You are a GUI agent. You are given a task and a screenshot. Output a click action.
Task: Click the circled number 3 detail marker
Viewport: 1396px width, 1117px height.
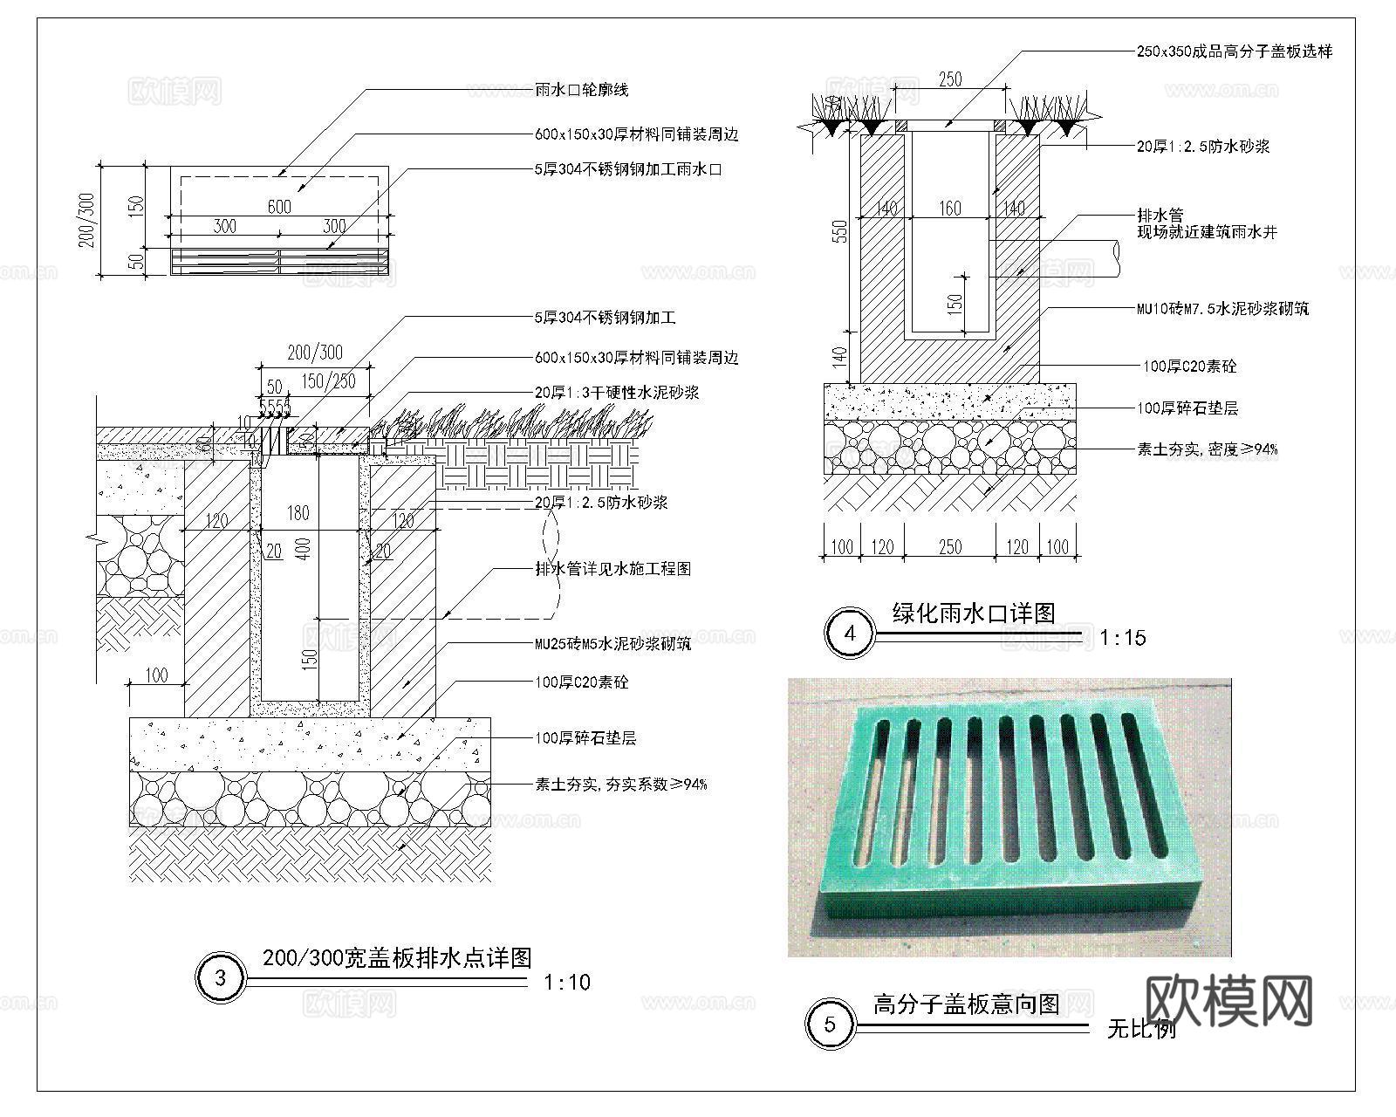click(x=220, y=978)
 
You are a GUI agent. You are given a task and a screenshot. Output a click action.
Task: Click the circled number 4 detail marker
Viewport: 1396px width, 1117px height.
click(x=851, y=634)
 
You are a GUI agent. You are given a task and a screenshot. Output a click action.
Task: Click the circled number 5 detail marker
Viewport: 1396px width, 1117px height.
click(x=830, y=1024)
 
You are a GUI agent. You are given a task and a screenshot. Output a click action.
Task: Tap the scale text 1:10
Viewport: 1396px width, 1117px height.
click(x=566, y=983)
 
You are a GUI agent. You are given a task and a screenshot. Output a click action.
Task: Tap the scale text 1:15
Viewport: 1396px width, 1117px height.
click(x=1122, y=638)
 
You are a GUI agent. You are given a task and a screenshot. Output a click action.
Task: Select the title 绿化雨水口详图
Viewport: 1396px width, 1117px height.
click(x=974, y=613)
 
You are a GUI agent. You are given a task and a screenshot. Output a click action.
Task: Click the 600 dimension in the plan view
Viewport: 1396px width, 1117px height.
click(x=279, y=206)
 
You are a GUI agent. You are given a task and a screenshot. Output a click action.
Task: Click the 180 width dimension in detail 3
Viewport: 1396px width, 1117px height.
click(x=298, y=512)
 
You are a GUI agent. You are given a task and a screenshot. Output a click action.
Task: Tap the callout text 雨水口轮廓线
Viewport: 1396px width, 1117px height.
click(x=581, y=90)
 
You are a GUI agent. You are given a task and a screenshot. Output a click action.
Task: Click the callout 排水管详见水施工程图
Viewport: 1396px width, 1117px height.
click(x=612, y=569)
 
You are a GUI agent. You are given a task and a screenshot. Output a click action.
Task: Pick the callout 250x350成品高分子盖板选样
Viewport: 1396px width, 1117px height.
click(x=1234, y=51)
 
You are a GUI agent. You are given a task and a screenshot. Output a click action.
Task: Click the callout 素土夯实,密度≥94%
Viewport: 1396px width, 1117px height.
click(x=1207, y=449)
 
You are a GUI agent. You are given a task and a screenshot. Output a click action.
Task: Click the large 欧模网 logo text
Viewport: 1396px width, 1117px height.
click(x=1228, y=1000)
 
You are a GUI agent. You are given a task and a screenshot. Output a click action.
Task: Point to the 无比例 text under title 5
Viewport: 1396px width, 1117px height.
click(x=1141, y=1030)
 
